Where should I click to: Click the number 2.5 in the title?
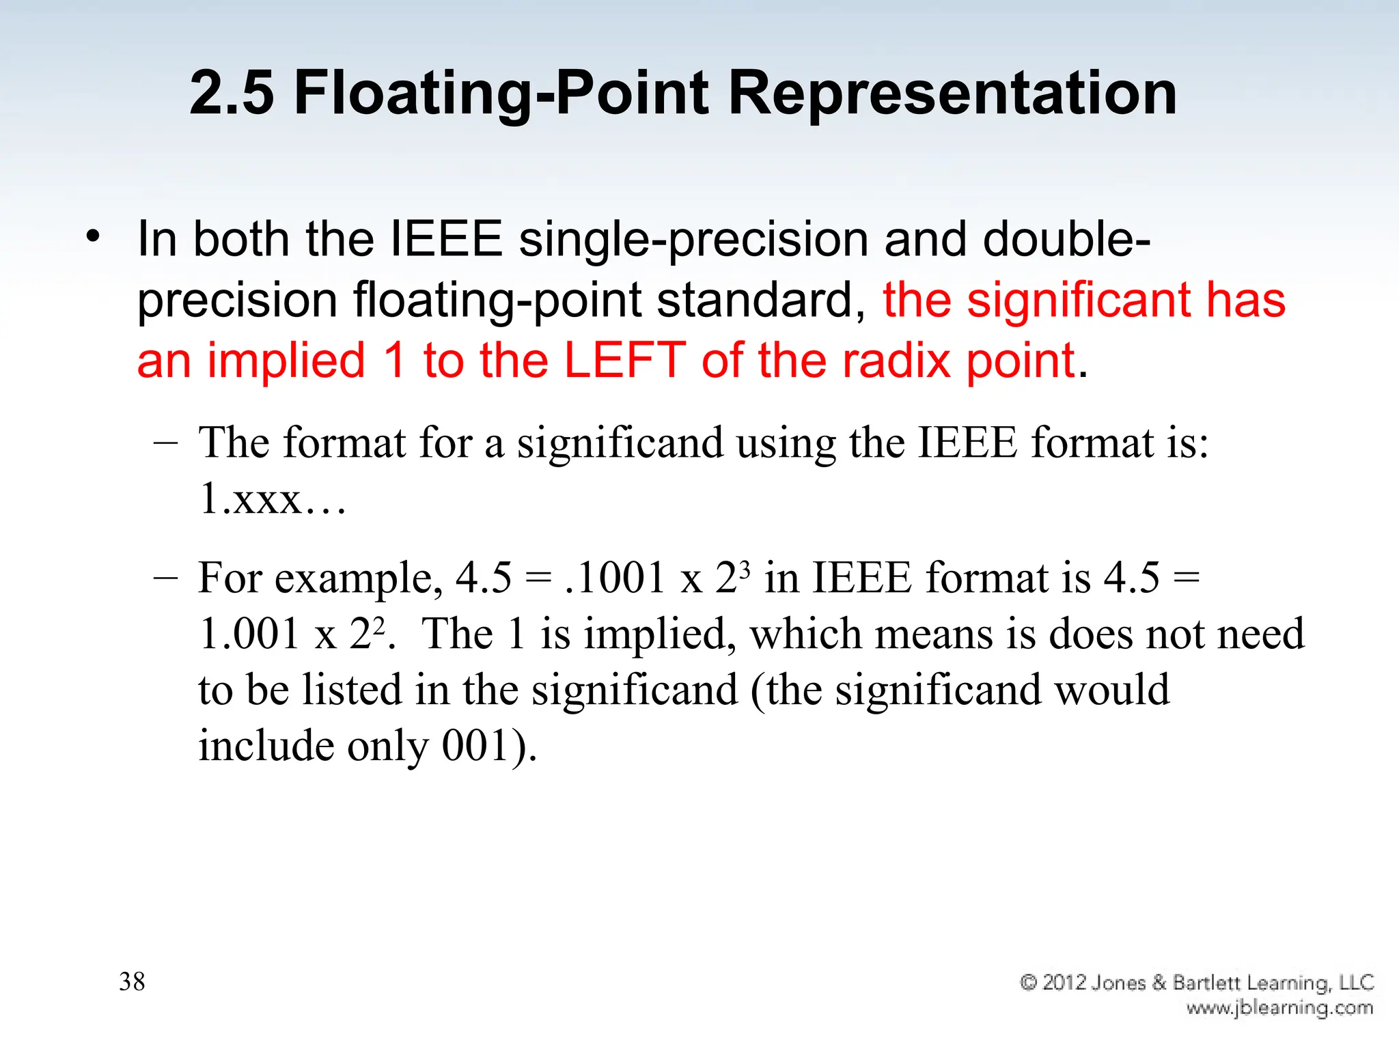232,93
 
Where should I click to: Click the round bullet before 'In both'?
93,238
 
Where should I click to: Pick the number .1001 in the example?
615,578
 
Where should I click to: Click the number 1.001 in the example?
249,634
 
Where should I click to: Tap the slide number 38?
132,981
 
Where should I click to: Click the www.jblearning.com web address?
1279,1008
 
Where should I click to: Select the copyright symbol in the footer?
1028,982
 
